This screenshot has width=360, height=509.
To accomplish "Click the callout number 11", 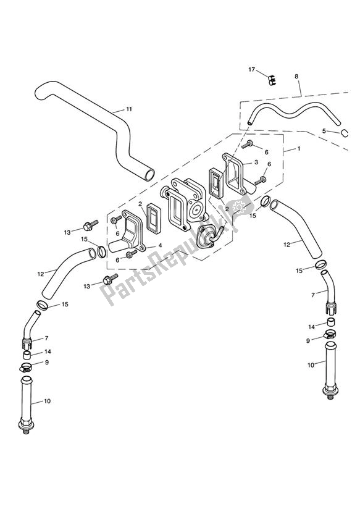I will [128, 109].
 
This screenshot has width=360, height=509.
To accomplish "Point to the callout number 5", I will [324, 131].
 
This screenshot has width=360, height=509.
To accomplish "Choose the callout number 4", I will [160, 245].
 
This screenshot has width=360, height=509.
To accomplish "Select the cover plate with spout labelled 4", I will [133, 232].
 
